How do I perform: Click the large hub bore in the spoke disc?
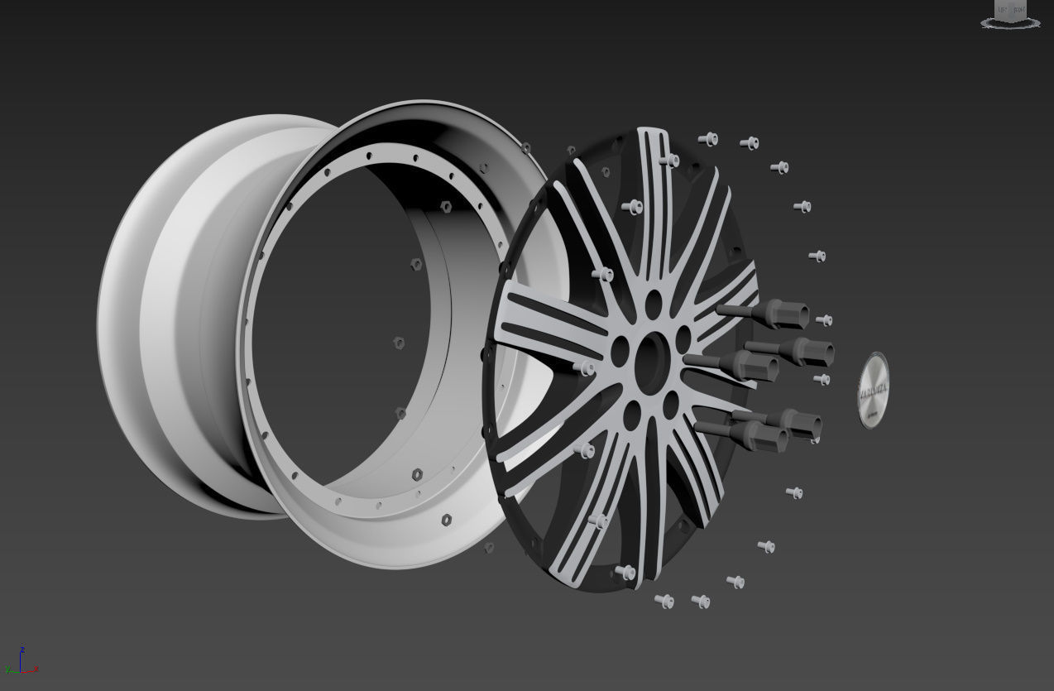[x=654, y=361]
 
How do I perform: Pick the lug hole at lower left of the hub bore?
[x=632, y=416]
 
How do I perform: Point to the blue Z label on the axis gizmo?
[x=22, y=650]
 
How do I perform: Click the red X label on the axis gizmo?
[x=36, y=669]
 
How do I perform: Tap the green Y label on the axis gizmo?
[x=7, y=669]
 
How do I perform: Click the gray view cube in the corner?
[x=1011, y=11]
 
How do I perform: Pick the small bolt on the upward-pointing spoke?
[x=669, y=160]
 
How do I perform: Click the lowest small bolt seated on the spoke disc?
[x=625, y=572]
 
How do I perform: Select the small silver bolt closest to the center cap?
[x=822, y=380]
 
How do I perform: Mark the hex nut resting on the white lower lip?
[x=447, y=520]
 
